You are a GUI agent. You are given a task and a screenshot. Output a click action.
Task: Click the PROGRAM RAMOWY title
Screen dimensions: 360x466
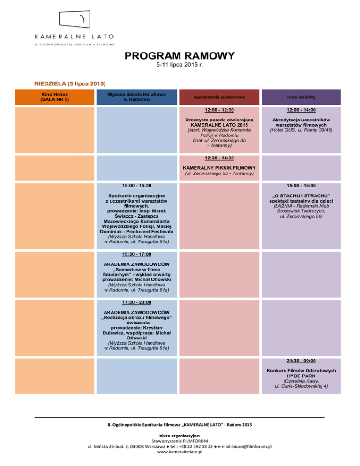180,56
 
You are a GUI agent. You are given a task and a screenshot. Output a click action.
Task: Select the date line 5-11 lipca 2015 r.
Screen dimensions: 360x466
180,66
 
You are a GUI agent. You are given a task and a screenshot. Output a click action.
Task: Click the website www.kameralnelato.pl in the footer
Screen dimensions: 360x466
180,452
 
